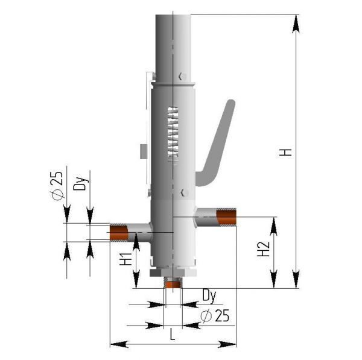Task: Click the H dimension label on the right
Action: tap(285, 153)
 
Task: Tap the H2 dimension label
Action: tap(264, 249)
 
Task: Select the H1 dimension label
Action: tap(125, 259)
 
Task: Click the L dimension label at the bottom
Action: tap(173, 334)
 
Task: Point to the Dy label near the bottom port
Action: tap(209, 295)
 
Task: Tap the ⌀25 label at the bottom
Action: tap(215, 315)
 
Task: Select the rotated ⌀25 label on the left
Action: tap(57, 186)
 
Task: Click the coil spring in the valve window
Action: tap(173, 135)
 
